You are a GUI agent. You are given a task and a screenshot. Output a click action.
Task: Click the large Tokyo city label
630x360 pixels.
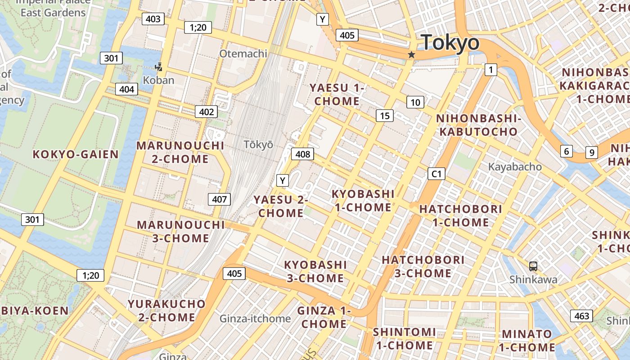click(x=450, y=43)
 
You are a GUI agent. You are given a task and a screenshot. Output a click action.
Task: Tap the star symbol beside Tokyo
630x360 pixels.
click(x=411, y=55)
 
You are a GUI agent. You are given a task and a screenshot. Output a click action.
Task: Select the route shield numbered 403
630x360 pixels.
click(x=153, y=19)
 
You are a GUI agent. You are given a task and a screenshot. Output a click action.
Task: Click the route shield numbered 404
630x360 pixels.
click(x=126, y=89)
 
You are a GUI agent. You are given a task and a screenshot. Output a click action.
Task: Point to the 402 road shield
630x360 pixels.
click(x=206, y=112)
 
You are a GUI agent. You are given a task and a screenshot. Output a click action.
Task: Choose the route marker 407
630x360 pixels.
click(x=220, y=199)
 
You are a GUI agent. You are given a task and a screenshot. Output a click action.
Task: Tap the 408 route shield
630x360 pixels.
click(x=302, y=154)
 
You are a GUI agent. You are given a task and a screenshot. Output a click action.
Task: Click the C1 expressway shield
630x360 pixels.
click(x=436, y=174)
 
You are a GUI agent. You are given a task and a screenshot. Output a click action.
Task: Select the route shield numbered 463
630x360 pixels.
click(x=581, y=316)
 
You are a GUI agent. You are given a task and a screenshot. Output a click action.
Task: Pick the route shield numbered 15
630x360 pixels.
click(x=385, y=116)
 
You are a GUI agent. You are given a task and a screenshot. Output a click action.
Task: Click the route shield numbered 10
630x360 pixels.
click(x=415, y=102)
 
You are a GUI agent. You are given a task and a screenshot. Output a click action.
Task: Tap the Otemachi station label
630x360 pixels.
click(x=243, y=54)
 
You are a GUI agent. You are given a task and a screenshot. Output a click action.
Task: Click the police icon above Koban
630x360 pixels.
click(x=158, y=67)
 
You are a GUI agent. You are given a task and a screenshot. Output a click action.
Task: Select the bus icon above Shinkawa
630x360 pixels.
click(x=533, y=266)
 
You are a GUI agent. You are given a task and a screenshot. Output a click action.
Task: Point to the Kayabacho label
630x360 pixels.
click(x=515, y=167)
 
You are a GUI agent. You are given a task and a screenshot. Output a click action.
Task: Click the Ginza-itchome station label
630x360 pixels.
click(x=255, y=319)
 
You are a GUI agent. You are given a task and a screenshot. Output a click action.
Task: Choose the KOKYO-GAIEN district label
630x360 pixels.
click(x=76, y=154)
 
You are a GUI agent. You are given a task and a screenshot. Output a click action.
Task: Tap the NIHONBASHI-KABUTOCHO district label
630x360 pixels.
click(x=478, y=125)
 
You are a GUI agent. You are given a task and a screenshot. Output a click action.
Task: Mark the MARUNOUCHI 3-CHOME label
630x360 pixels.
click(x=180, y=231)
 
